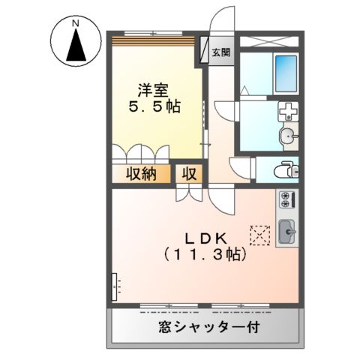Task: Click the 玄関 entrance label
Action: (220, 52)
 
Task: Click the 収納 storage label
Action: (139, 175)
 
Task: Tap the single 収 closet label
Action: (187, 175)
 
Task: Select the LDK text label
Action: (202, 238)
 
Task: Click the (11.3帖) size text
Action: (202, 255)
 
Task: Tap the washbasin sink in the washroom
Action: (287, 136)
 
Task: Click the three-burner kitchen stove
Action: (286, 201)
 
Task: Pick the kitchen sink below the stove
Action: (286, 232)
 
